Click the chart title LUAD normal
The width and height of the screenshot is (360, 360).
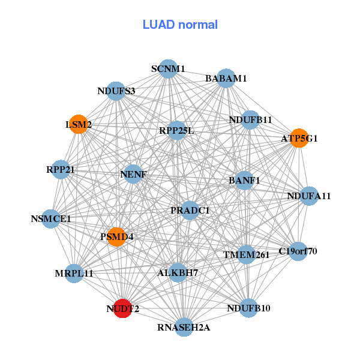click(180, 25)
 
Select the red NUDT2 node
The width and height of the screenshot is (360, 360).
click(123, 308)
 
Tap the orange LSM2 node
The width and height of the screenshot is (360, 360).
click(79, 125)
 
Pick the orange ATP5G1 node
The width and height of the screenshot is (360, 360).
click(299, 138)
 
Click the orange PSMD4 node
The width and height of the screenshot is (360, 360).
click(117, 237)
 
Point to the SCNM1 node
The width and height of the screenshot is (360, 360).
click(169, 69)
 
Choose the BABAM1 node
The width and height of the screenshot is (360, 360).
click(226, 79)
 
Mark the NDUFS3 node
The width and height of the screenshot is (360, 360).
click(116, 91)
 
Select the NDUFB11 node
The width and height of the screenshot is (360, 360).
click(250, 120)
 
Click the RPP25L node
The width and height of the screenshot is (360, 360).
click(176, 130)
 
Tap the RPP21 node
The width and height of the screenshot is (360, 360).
click(60, 170)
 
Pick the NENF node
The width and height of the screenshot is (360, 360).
click(133, 175)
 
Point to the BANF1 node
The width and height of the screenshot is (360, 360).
click(244, 180)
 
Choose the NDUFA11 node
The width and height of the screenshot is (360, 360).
click(308, 196)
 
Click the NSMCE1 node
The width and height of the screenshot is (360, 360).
click(51, 219)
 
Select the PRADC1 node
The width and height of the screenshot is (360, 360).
click(190, 211)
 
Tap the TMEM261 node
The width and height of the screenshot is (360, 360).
click(247, 255)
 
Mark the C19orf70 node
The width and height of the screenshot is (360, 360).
click(298, 251)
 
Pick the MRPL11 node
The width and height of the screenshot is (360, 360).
click(74, 274)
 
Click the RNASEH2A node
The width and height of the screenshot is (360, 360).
click(184, 328)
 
